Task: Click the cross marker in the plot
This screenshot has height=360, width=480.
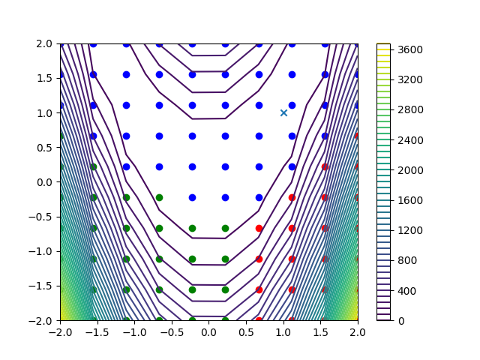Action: coord(283,113)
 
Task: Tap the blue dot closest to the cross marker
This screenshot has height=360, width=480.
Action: coord(292,105)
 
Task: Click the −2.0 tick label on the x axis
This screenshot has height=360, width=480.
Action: coord(60,332)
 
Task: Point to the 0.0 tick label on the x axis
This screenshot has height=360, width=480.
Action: coord(209,332)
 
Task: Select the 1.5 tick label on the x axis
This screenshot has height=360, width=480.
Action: coord(321,332)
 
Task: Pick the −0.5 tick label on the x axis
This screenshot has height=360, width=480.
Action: coord(172,332)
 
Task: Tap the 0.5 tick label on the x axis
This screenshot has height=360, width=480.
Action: coord(247,332)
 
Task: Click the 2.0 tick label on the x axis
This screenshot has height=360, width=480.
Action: coord(358,332)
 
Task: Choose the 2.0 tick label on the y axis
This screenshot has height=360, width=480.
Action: coord(44,43)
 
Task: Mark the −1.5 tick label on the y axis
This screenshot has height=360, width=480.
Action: coord(40,286)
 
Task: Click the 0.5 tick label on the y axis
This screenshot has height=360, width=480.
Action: coord(44,148)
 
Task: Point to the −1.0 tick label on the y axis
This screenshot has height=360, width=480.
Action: coord(40,251)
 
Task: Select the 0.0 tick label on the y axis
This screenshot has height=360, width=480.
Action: coord(44,182)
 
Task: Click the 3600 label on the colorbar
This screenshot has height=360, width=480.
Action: coord(410,49)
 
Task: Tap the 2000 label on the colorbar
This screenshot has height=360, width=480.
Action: coord(410,170)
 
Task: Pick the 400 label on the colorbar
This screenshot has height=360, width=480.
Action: coord(407,291)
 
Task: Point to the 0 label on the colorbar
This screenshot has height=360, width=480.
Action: coord(401,321)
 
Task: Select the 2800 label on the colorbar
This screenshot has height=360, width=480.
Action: coord(410,110)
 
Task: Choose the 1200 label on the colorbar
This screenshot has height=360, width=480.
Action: coord(410,230)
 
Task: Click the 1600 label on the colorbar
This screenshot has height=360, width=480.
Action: coord(410,200)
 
